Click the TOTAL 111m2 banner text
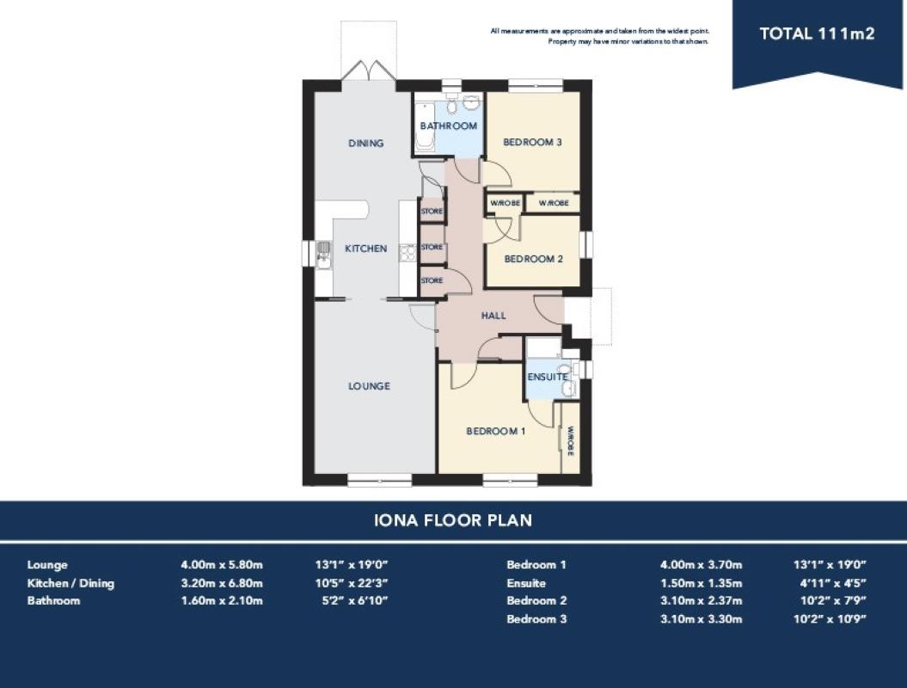pos(817,34)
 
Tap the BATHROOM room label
pos(448,126)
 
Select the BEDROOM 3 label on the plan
pos(532,142)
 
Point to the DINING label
pos(365,143)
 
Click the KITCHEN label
pos(365,249)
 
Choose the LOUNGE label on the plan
pos(369,386)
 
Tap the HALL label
pos(493,316)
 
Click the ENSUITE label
pos(547,377)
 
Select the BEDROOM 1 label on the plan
pos(496,431)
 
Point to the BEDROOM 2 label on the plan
pos(533,259)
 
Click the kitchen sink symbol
pos(323,255)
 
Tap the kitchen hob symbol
pos(408,254)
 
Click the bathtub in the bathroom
pos(425,126)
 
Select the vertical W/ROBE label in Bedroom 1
pos(570,441)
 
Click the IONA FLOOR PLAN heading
pos(453,520)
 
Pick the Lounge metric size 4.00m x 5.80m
pos(222,564)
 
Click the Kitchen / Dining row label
pos(70,583)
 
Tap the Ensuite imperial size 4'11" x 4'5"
pos(833,583)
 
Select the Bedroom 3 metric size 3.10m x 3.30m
pos(701,618)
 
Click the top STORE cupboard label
pos(432,212)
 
